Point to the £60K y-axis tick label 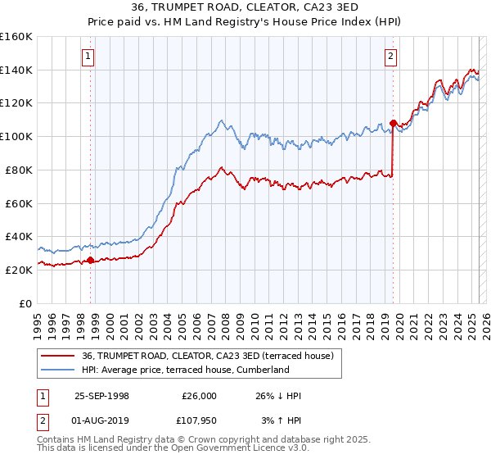click(x=19, y=203)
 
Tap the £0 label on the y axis click(x=27, y=303)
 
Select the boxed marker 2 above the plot click(x=391, y=57)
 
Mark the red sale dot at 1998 click(x=91, y=261)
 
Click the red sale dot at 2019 click(x=393, y=124)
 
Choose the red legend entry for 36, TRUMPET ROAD click(x=207, y=356)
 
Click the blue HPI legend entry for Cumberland click(x=186, y=370)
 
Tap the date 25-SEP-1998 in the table click(x=101, y=396)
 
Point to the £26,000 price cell click(x=199, y=396)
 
